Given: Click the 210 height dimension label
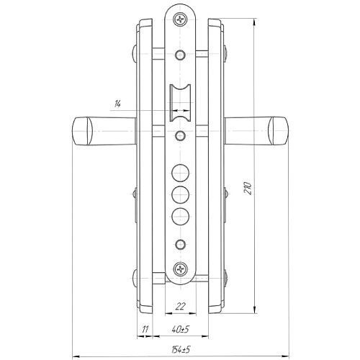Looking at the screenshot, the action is [248, 188].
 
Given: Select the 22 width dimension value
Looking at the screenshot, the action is [181, 307].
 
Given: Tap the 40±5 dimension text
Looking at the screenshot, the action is [181, 329].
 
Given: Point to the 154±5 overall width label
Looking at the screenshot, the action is [181, 349].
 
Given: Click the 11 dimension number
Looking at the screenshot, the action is [145, 329].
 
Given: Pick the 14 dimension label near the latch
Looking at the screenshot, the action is [117, 104].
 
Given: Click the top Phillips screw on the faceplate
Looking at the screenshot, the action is [180, 19].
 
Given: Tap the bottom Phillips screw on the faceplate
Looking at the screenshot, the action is [180, 269].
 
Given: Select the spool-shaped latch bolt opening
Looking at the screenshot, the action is [180, 103].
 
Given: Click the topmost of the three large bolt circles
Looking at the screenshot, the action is [180, 173].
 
